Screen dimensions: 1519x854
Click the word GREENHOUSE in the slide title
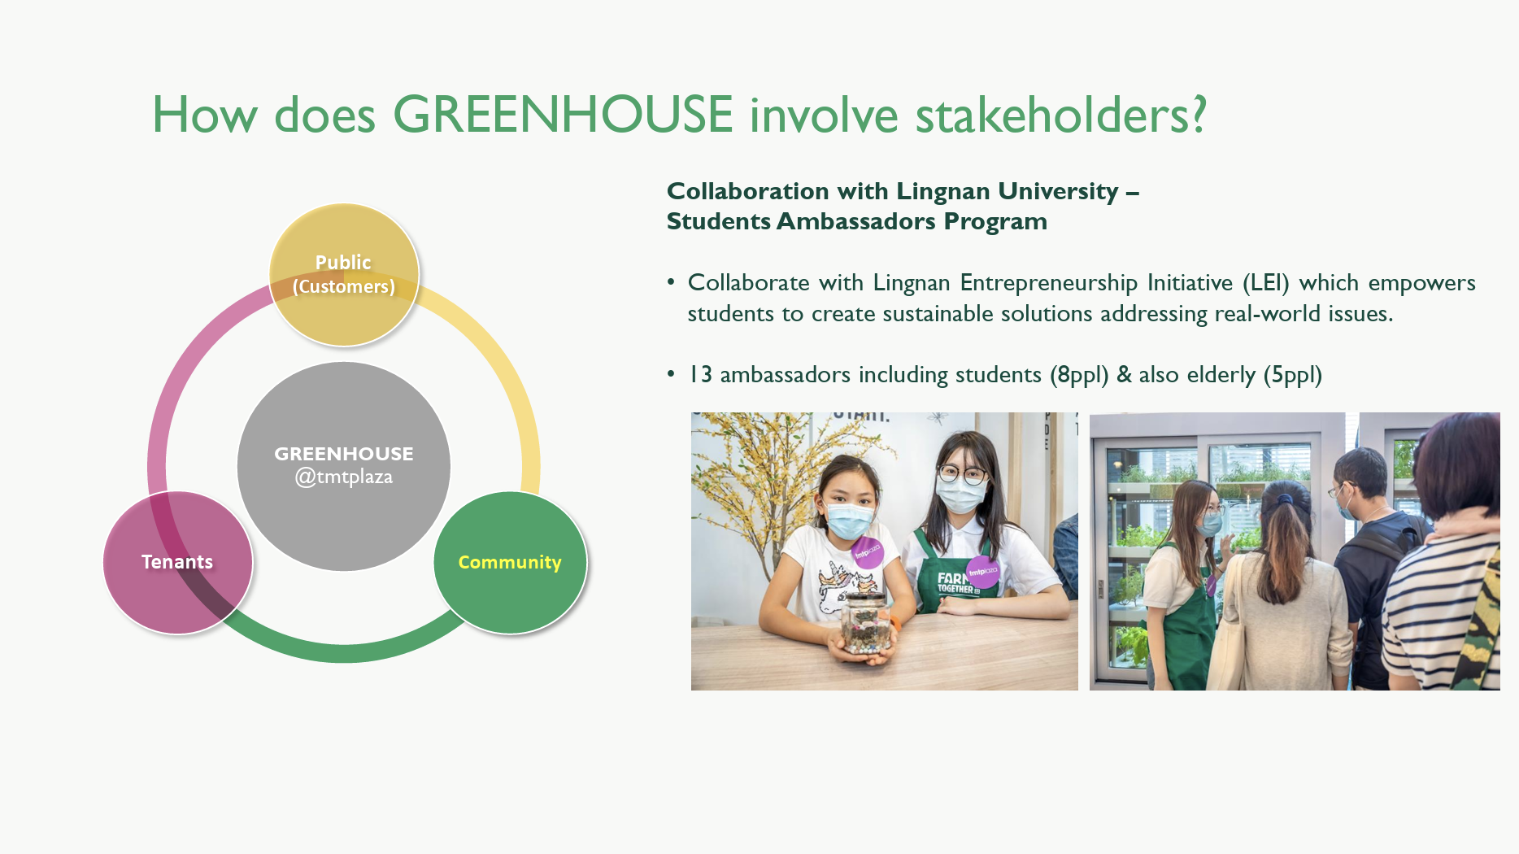pos(563,114)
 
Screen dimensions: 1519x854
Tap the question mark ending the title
pos(1196,114)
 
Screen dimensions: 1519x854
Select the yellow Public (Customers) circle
pos(344,275)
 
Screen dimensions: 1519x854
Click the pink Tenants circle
pos(178,562)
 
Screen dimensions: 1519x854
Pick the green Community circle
pos(510,562)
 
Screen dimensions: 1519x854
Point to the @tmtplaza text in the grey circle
pos(344,477)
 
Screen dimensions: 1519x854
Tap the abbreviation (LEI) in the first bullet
pos(1266,283)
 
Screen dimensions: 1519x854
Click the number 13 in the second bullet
pos(700,375)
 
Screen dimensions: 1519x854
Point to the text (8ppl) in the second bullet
pos(1079,375)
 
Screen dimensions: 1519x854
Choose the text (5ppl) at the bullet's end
pos(1293,375)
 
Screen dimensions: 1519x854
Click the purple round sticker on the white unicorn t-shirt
pos(867,552)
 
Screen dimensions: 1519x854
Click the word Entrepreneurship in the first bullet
pos(1049,283)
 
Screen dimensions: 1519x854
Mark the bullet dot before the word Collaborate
pos(671,281)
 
